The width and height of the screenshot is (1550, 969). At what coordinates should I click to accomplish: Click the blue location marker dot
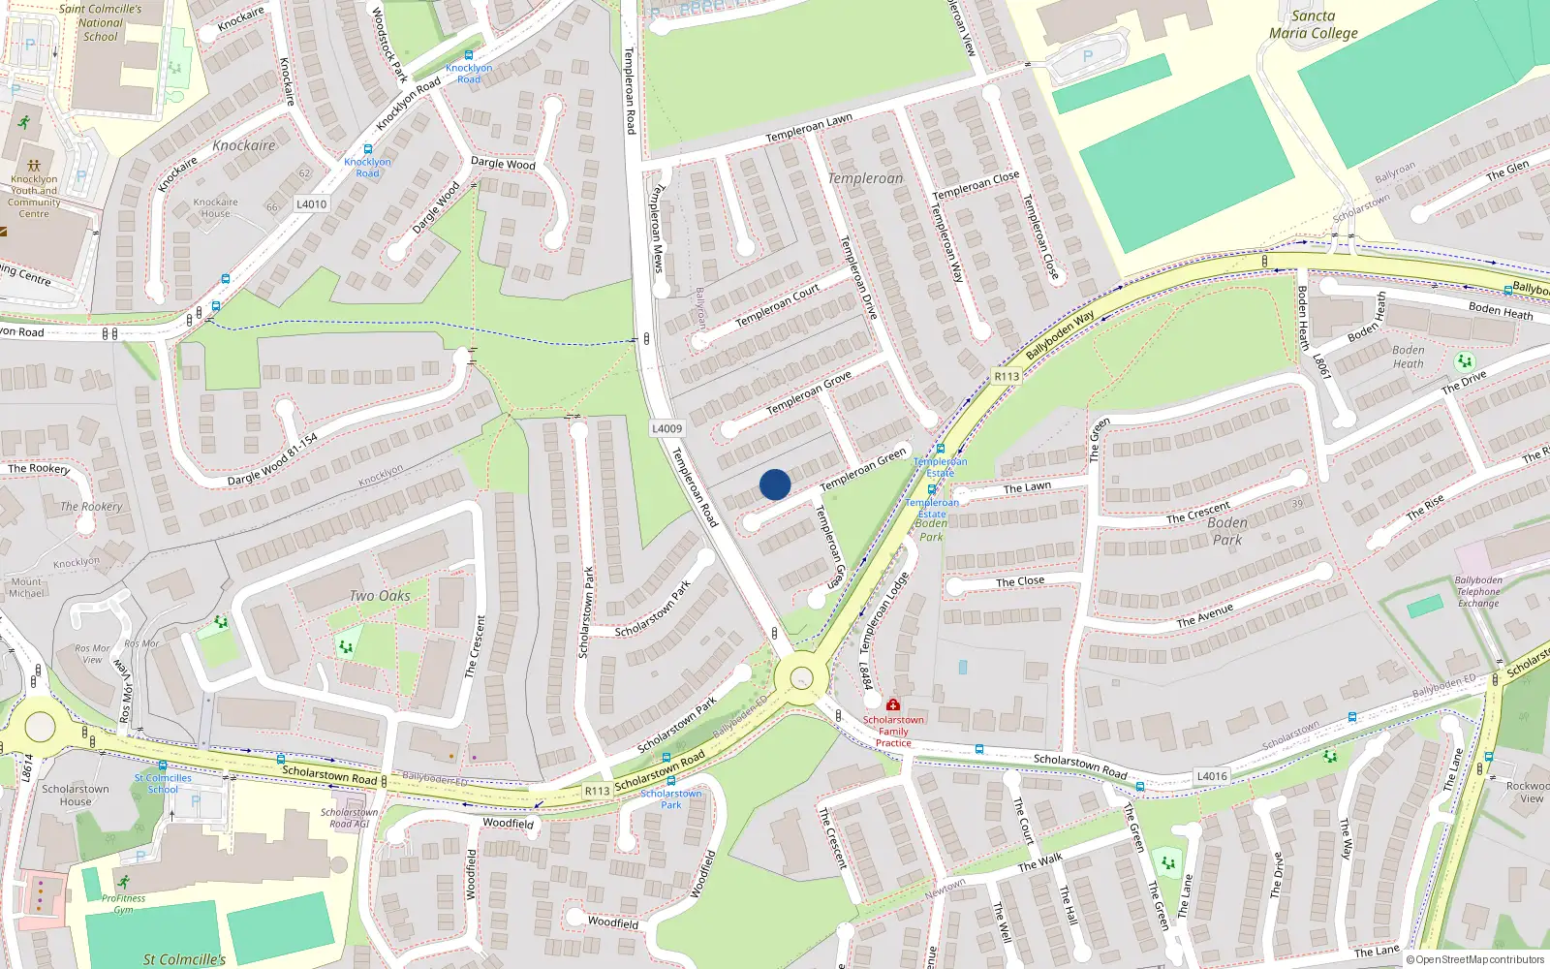775,484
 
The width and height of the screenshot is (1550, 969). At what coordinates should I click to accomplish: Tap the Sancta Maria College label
1313,25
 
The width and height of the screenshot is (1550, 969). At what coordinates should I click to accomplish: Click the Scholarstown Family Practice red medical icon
892,704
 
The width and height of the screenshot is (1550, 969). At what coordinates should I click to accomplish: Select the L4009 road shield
666,428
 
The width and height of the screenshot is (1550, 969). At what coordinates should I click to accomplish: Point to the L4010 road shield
312,204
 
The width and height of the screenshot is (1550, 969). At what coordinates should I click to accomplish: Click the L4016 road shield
1211,776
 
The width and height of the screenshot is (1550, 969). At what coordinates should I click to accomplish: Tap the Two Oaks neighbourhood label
380,596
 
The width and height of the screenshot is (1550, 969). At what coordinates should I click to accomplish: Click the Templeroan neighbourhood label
865,178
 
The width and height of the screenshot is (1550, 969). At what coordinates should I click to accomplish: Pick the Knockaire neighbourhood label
243,145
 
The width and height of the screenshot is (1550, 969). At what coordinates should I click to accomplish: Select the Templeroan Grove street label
809,392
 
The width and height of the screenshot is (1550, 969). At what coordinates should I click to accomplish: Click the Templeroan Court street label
777,305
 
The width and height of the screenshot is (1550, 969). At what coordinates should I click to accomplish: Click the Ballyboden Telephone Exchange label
1477,592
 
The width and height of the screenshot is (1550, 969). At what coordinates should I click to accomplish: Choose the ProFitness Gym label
123,903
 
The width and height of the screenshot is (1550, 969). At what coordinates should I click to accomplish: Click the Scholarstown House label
76,796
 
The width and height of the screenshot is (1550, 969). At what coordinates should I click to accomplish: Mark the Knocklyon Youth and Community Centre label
34,196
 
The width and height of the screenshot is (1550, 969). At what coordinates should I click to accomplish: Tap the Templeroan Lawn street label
809,128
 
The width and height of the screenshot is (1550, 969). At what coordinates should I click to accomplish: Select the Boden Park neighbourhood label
1227,531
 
